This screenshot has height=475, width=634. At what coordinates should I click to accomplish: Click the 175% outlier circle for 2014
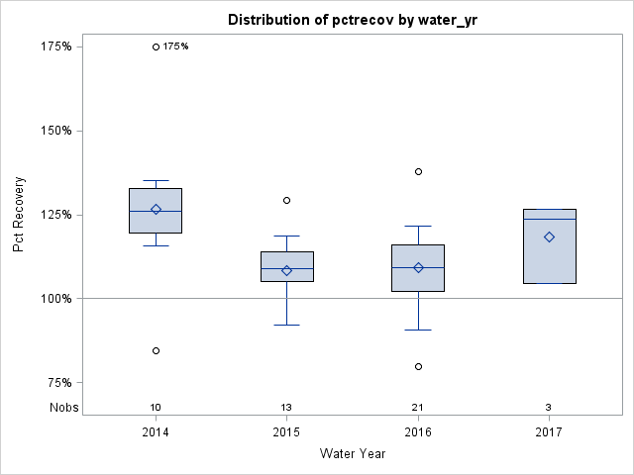[x=156, y=47]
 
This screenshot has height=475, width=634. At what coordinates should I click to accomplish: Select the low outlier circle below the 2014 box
[x=156, y=350]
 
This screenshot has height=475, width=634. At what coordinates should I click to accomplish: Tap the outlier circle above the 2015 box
[x=286, y=200]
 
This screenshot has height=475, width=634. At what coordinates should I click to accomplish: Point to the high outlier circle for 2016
[x=418, y=171]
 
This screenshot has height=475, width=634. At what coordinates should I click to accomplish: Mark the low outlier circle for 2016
[x=418, y=366]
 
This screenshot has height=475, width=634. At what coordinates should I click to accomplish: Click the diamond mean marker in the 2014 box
[x=156, y=209]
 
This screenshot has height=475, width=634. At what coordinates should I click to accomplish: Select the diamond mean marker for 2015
[x=286, y=270]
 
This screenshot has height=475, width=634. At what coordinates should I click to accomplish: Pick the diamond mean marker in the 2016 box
[x=418, y=267]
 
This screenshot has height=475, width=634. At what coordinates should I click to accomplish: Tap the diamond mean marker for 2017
[x=549, y=237]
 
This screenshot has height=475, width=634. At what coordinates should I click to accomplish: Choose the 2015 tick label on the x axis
[x=286, y=432]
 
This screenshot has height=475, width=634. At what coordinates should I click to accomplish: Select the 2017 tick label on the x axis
[x=549, y=432]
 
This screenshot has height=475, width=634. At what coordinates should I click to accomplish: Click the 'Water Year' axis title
[x=353, y=454]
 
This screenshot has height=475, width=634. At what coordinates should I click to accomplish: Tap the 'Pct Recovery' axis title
[x=20, y=215]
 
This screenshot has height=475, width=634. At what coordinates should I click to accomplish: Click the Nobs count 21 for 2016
[x=418, y=408]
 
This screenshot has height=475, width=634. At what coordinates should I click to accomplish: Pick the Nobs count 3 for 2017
[x=549, y=408]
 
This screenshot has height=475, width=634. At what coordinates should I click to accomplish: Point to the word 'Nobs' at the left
[x=63, y=408]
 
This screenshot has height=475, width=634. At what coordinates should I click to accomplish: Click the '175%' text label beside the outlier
[x=175, y=47]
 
